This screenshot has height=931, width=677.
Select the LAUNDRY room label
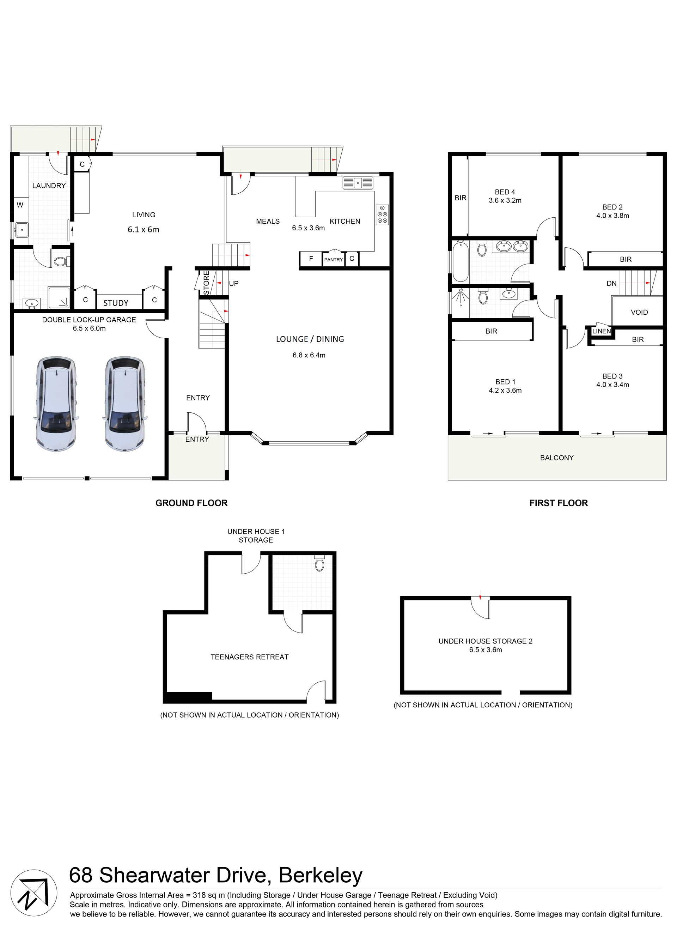pos(49,186)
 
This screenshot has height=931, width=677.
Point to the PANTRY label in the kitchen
pos(333,259)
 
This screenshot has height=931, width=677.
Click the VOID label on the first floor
pos(639,312)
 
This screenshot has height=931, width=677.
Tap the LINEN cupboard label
pos(602,331)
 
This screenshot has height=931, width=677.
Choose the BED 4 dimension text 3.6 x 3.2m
pos(505,201)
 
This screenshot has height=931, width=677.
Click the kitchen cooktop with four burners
pos(382,214)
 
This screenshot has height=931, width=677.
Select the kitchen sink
pos(358,183)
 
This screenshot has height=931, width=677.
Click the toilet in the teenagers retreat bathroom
pos(319,563)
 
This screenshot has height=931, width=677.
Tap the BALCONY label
pos(557,458)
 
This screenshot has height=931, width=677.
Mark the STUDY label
pos(116,303)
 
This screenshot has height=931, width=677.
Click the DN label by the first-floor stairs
pos(611,283)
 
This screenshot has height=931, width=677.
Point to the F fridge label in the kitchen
pos(311,259)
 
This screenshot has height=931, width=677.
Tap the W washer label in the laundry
pos(20,205)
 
